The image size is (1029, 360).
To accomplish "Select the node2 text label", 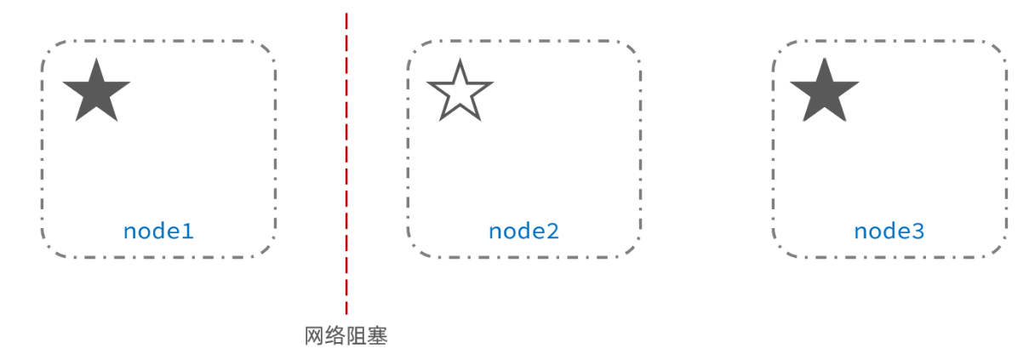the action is click(x=523, y=231).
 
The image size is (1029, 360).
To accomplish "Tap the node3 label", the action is click(x=889, y=231).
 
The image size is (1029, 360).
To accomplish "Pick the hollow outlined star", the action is click(x=460, y=91).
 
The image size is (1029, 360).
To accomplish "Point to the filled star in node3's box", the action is click(x=824, y=90).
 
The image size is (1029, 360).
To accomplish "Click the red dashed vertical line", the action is click(x=346, y=170).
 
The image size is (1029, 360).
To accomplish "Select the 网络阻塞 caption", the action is click(x=346, y=336).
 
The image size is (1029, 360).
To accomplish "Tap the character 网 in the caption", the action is click(x=315, y=336).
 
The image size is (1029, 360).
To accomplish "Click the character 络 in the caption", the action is click(x=336, y=336).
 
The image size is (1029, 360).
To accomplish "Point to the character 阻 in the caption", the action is click(x=357, y=336).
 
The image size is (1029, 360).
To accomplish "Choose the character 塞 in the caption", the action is click(x=378, y=336).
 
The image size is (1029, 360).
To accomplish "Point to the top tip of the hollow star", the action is click(x=460, y=60).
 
